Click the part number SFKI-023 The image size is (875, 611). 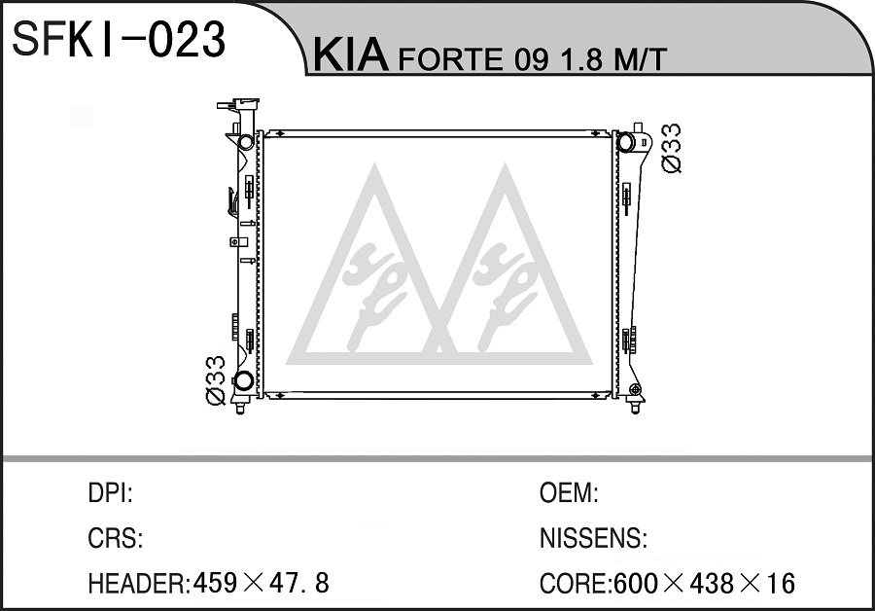coord(118,39)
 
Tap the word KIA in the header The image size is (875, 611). coord(350,55)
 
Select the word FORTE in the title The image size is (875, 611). coord(449,58)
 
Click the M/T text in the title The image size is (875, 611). coord(640,58)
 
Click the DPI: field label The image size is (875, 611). coord(111,493)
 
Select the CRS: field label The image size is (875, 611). coord(116,538)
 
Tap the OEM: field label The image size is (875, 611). coord(569,493)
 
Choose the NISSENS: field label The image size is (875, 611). coord(593,538)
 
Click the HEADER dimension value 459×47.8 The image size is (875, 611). coord(262,584)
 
